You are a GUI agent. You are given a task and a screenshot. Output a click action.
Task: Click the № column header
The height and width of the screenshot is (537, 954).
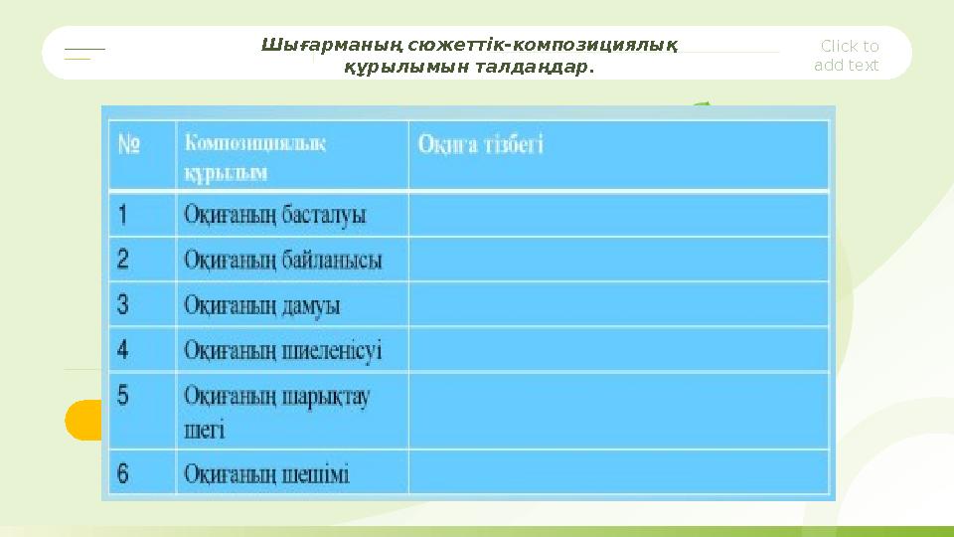click(x=130, y=144)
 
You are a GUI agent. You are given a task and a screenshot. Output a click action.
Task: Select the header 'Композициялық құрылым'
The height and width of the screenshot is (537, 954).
click(x=255, y=156)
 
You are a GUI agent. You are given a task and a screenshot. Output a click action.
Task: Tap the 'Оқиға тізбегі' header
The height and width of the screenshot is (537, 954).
click(x=481, y=144)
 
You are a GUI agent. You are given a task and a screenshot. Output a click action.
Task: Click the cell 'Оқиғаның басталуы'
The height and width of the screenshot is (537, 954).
click(x=275, y=215)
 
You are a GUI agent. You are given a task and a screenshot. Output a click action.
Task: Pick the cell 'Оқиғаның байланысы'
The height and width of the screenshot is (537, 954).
click(x=283, y=260)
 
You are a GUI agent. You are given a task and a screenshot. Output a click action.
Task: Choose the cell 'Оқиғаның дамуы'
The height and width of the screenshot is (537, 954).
click(x=262, y=304)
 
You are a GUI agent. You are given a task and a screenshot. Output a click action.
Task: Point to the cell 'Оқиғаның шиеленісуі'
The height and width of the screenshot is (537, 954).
click(x=283, y=350)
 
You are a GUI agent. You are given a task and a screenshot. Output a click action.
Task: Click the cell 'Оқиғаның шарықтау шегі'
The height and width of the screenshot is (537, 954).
click(x=277, y=412)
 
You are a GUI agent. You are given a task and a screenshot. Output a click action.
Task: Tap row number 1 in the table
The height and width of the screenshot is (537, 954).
click(x=123, y=215)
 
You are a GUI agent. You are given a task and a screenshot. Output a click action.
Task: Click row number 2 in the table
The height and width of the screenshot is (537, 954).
click(x=123, y=260)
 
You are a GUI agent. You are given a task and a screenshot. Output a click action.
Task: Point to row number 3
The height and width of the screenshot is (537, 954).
click(x=123, y=304)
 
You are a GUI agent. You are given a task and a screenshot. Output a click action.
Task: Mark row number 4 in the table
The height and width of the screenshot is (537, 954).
click(x=123, y=350)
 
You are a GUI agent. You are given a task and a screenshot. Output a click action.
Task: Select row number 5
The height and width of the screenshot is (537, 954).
click(x=123, y=396)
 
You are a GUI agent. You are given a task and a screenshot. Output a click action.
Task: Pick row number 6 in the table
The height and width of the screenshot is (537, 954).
click(x=123, y=473)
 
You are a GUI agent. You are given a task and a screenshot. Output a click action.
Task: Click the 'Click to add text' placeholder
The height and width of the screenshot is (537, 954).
click(x=848, y=56)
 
